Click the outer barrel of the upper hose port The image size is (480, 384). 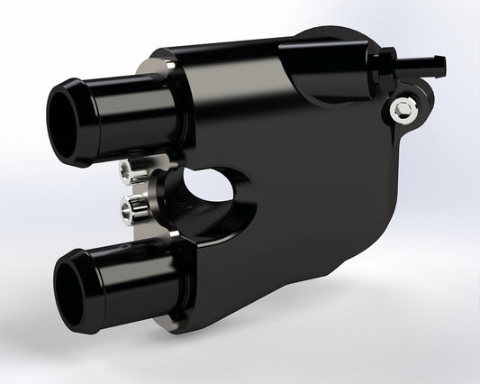pyautogui.click(x=135, y=112)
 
